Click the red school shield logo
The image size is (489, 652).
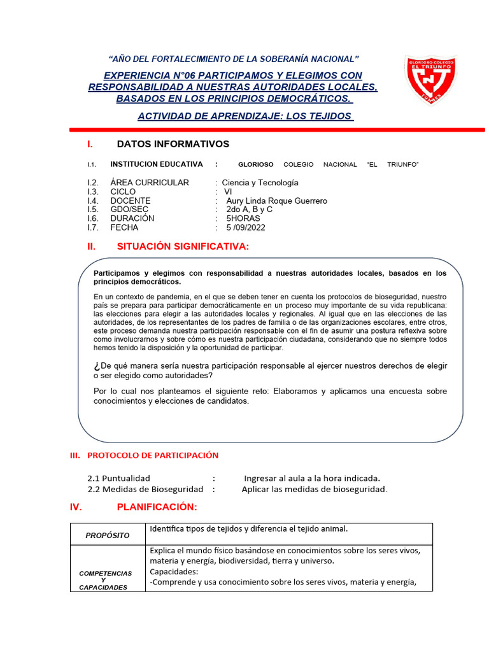(430, 80)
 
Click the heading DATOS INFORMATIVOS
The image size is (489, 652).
(173, 145)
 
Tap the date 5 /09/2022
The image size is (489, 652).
(246, 227)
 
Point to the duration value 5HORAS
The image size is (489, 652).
(243, 218)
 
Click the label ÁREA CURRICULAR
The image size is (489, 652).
(150, 183)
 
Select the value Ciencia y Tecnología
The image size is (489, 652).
(260, 183)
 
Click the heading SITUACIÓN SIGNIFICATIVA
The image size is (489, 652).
(183, 246)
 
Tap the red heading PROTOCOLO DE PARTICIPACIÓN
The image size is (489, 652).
(152, 455)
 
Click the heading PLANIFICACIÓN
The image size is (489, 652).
(157, 507)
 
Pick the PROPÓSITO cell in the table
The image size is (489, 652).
(108, 535)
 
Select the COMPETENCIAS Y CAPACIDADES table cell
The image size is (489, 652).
(106, 580)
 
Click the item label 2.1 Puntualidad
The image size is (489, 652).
(118, 478)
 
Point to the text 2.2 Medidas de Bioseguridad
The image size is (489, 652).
(145, 489)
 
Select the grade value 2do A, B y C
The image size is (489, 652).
(249, 209)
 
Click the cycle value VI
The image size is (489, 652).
(229, 192)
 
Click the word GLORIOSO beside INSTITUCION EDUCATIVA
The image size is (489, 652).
(255, 164)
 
